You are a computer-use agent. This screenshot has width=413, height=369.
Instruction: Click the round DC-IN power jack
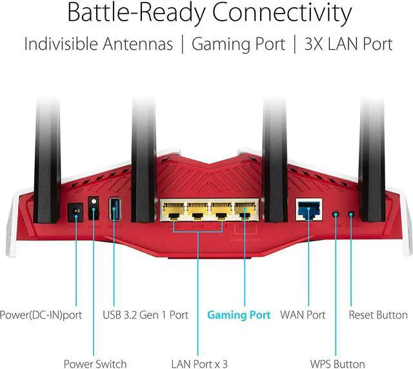[x=74, y=211]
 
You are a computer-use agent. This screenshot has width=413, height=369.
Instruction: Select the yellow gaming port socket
[x=244, y=211]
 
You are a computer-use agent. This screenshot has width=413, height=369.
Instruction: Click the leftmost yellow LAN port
[x=174, y=211]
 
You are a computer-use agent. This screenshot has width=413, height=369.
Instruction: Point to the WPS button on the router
[x=335, y=214]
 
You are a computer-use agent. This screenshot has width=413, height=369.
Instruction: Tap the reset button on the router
[x=352, y=214]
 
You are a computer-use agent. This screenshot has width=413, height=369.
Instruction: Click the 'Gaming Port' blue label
[x=239, y=315]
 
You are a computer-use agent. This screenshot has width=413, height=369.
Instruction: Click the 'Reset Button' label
[x=378, y=315]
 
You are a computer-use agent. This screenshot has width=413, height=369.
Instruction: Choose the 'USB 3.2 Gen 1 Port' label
[x=146, y=315]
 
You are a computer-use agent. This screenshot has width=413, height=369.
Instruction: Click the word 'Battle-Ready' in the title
[x=134, y=14]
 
